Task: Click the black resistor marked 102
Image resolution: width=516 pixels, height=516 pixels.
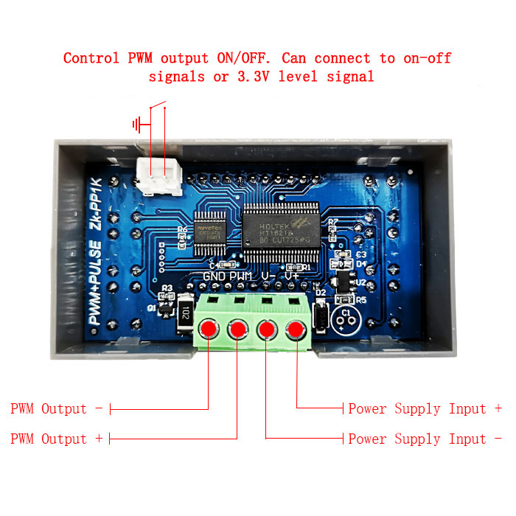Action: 184,313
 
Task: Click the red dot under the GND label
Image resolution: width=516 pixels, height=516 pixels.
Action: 209,329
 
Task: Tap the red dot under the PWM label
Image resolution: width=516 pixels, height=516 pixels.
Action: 237,329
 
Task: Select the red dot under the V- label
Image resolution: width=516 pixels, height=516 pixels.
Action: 266,329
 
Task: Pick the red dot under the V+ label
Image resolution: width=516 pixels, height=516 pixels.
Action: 296,329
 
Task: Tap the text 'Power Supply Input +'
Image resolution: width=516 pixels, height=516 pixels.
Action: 425,409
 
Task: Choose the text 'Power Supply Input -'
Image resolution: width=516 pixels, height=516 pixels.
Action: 425,439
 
